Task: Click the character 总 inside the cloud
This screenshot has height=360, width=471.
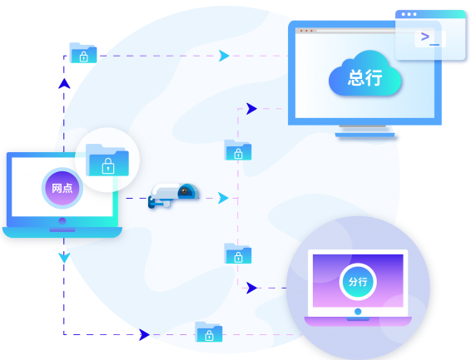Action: (356, 77)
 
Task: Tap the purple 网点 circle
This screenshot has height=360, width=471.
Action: (62, 188)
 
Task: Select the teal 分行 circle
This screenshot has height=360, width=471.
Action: (358, 282)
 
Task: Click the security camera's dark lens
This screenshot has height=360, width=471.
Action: (184, 191)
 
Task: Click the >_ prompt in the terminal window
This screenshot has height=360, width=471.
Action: (430, 38)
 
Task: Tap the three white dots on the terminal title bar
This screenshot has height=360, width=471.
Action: (409, 14)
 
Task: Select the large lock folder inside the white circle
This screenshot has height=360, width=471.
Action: (107, 160)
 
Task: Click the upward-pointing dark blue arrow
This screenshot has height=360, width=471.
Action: (64, 84)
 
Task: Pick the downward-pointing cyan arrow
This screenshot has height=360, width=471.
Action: (64, 258)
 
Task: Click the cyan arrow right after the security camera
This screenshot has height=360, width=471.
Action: (223, 198)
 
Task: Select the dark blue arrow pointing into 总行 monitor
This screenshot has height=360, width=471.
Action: (251, 109)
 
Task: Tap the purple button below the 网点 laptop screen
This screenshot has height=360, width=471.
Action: (62, 221)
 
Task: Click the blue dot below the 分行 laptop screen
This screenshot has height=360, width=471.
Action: (358, 312)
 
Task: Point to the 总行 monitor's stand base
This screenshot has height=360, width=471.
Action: (365, 135)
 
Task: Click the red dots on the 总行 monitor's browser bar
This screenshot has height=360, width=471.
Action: (306, 31)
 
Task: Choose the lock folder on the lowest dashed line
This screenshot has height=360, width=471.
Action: (209, 332)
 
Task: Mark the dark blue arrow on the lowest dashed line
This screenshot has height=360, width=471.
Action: (144, 334)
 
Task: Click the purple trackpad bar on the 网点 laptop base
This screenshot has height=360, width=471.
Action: (62, 230)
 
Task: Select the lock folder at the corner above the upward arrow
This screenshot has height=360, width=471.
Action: (83, 53)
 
